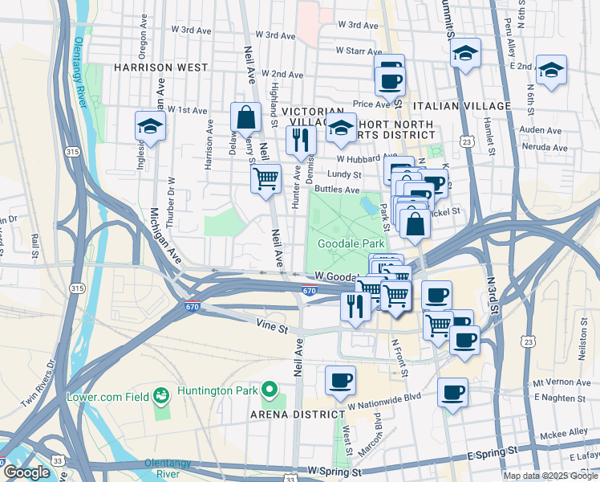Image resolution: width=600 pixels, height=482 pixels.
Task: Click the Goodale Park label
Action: [352, 243]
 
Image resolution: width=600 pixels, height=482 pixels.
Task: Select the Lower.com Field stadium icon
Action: [162, 394]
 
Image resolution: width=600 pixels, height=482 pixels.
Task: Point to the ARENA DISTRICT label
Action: [295, 414]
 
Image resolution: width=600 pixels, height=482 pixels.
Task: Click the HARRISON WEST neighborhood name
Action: [160, 67]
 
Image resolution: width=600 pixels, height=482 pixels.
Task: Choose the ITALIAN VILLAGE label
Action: [461, 106]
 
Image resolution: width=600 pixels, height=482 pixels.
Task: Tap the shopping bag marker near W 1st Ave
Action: [245, 119]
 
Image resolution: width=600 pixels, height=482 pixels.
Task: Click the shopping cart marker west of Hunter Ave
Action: [266, 178]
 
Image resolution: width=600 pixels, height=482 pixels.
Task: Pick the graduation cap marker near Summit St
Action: [464, 54]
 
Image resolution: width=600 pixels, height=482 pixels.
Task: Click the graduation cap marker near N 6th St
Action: [551, 71]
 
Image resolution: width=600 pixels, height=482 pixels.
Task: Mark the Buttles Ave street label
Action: [337, 190]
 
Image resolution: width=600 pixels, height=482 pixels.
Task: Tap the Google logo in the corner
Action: [26, 472]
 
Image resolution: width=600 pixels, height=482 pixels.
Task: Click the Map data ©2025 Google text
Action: [549, 476]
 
